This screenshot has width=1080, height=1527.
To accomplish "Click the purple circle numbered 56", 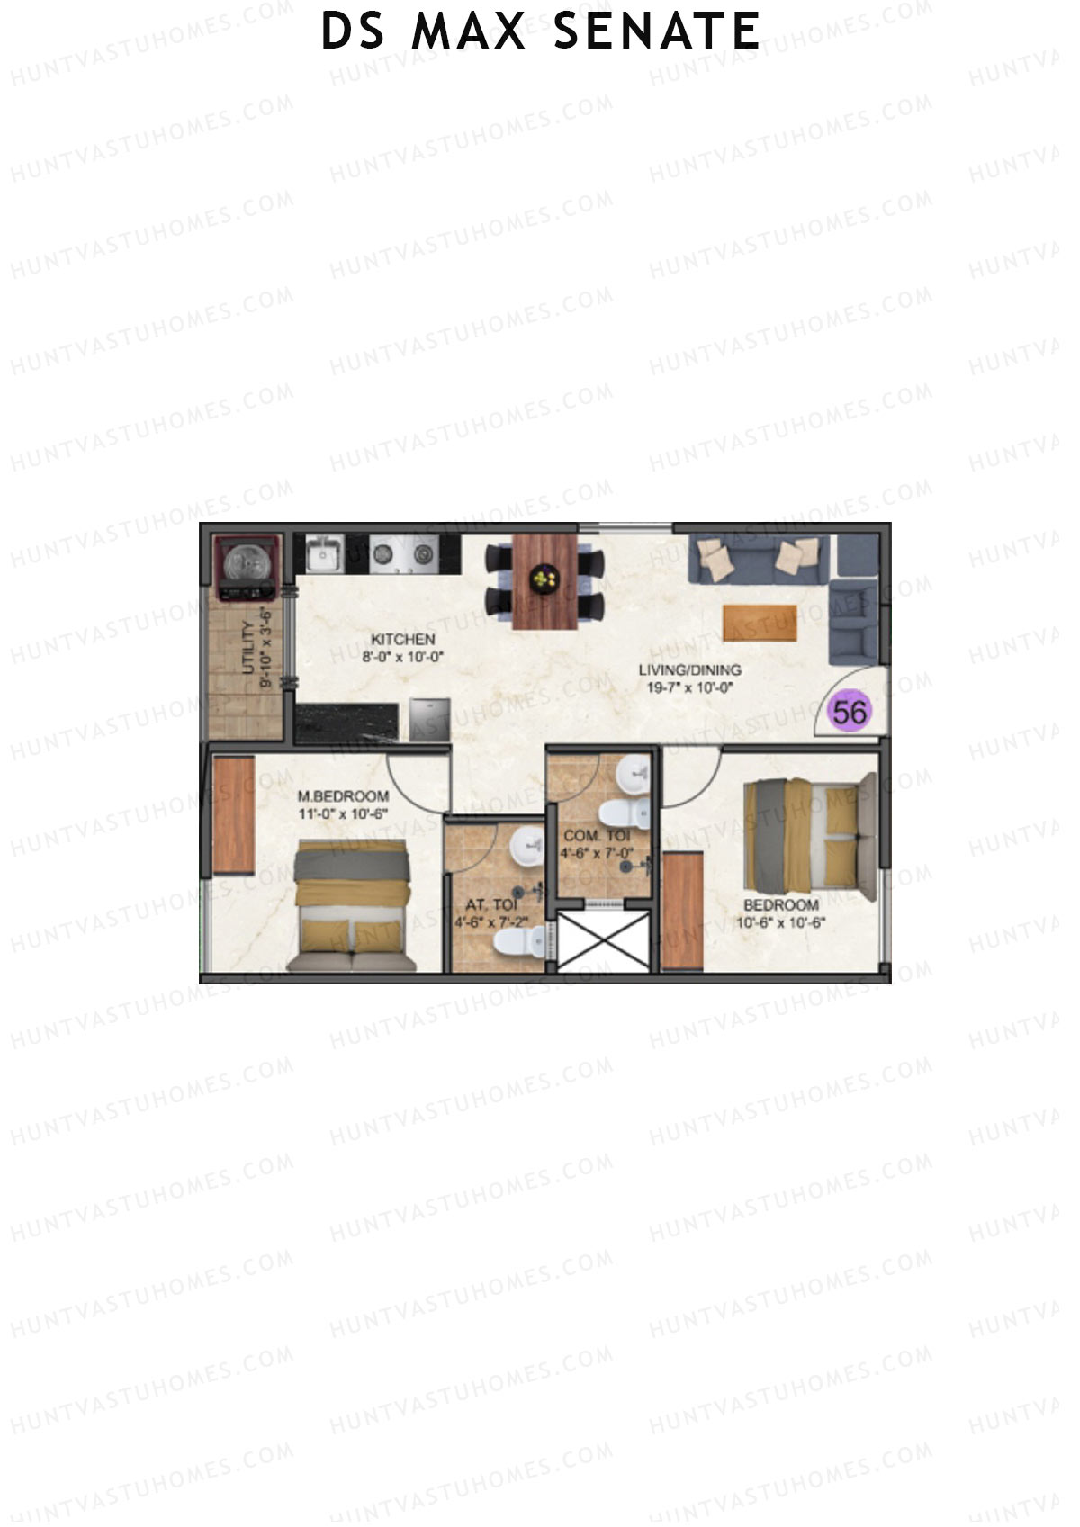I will pyautogui.click(x=850, y=712).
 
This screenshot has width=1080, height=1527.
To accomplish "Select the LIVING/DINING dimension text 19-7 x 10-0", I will pyautogui.click(x=690, y=687).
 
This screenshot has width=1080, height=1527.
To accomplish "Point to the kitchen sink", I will pyautogui.click(x=322, y=554).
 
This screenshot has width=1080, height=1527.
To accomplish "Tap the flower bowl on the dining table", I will pyautogui.click(x=544, y=578).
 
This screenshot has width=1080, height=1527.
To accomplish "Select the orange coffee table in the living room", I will pyautogui.click(x=760, y=623).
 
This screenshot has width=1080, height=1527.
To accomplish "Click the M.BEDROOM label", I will pyautogui.click(x=343, y=796).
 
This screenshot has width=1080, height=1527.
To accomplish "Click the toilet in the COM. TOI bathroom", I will pyautogui.click(x=625, y=813).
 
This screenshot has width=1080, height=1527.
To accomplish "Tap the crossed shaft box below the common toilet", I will pyautogui.click(x=603, y=939).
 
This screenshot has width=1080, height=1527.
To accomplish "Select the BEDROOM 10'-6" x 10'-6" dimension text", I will pyautogui.click(x=780, y=922).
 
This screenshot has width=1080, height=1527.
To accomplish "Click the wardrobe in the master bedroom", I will pyautogui.click(x=234, y=814).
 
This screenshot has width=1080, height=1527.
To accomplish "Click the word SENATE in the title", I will pyautogui.click(x=657, y=31).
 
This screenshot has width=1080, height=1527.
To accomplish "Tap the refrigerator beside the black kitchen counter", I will pyautogui.click(x=430, y=721).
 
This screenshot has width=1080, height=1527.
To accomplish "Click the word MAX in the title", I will pyautogui.click(x=468, y=31).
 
